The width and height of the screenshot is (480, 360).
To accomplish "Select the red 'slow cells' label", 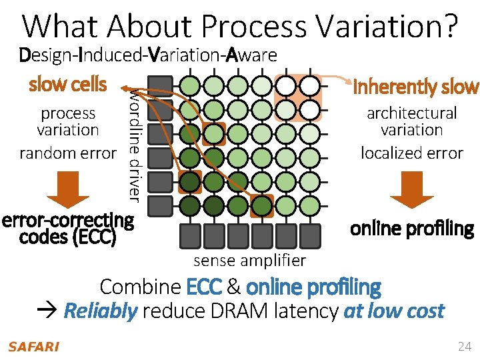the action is (x=67, y=85).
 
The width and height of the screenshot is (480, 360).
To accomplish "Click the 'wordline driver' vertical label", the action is (x=134, y=143).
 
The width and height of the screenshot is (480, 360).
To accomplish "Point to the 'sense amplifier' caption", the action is (x=249, y=260).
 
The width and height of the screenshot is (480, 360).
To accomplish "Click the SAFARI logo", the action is (x=33, y=347).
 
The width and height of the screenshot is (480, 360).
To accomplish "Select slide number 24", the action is (x=464, y=346).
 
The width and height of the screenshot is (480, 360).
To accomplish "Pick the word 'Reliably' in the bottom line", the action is (x=101, y=311).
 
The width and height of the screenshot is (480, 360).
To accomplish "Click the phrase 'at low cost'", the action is (x=393, y=311).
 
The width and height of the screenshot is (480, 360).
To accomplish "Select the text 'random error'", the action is (x=67, y=153).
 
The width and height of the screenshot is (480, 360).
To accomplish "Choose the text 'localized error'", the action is (x=411, y=153).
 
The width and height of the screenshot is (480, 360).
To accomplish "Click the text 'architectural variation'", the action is (x=411, y=121).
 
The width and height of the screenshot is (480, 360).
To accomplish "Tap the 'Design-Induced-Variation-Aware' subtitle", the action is (x=148, y=55).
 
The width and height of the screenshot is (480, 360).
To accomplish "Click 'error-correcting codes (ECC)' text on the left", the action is (x=67, y=228).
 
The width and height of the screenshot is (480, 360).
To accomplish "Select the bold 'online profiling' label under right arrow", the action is (x=411, y=229).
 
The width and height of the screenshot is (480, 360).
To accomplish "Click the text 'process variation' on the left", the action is (x=67, y=121).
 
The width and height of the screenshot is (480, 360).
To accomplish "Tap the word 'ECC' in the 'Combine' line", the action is (x=205, y=287).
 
